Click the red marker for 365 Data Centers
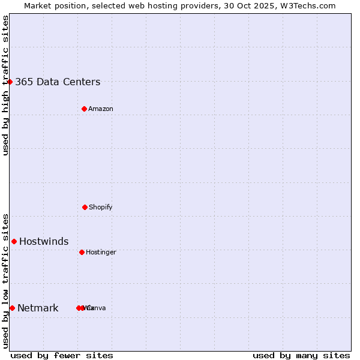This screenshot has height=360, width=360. pyautogui.click(x=10, y=82)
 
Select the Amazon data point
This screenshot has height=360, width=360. pyautogui.click(x=85, y=109)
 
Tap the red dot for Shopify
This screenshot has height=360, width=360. pyautogui.click(x=85, y=207)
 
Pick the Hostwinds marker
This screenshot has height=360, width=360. pyautogui.click(x=14, y=241)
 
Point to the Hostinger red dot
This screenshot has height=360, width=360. pyautogui.click(x=82, y=252)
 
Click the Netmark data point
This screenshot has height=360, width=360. pyautogui.click(x=12, y=308)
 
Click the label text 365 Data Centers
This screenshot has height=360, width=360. pyautogui.click(x=58, y=82)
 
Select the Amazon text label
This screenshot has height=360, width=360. pyautogui.click(x=101, y=109)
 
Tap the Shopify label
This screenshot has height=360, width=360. pyautogui.click(x=101, y=208)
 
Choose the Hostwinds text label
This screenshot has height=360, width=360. pyautogui.click(x=44, y=242)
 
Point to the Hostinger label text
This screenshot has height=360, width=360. pyautogui.click(x=101, y=253)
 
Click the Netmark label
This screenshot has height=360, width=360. pyautogui.click(x=38, y=308)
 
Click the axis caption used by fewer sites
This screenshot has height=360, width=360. pyautogui.click(x=62, y=355)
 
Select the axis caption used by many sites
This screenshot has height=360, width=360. pyautogui.click(x=301, y=355)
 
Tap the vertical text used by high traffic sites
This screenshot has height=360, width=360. pyautogui.click(x=5, y=85)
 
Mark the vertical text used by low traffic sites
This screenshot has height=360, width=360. pyautogui.click(x=5, y=281)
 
